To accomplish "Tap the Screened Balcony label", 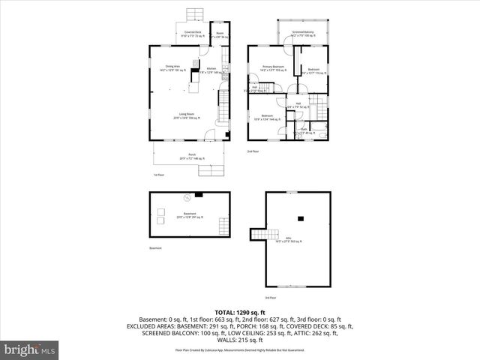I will (x=302, y=33).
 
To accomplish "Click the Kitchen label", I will (x=211, y=70).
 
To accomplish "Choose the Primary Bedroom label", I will (x=273, y=68).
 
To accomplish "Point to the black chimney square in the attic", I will (x=301, y=219).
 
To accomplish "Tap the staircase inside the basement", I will (x=221, y=225).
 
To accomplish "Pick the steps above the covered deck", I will (x=196, y=14).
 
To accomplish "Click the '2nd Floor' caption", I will (x=253, y=151).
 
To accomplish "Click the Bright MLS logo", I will (x=29, y=349).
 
